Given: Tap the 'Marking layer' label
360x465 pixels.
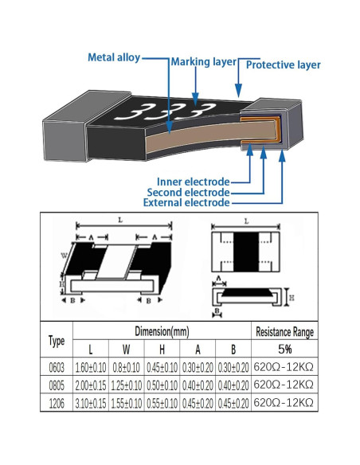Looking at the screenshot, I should [x=203, y=62].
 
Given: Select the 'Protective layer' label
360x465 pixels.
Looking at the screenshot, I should [x=284, y=64].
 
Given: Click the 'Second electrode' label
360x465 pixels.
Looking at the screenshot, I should [x=188, y=192].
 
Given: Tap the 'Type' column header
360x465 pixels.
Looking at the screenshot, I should [x=57, y=341].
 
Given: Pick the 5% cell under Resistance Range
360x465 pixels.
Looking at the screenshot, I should [x=284, y=349].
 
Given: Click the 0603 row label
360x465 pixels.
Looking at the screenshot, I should [x=57, y=368].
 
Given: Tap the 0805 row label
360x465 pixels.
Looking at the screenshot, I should [x=57, y=385].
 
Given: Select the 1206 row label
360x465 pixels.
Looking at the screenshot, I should [x=57, y=403].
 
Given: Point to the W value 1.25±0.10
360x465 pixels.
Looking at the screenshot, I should [x=127, y=385].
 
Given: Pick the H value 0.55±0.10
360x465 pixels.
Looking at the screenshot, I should [x=162, y=403].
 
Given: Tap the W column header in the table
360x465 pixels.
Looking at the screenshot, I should [x=127, y=349].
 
